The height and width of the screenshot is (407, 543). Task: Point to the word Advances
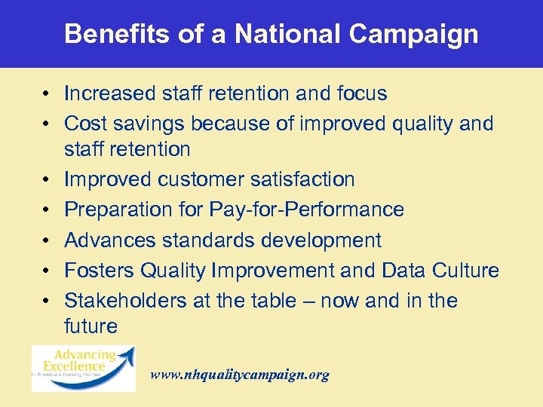click(x=109, y=240)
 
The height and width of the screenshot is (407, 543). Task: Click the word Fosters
click(x=98, y=271)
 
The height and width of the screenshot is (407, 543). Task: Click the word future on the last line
click(x=90, y=326)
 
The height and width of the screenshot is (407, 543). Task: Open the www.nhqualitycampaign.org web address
click(x=240, y=375)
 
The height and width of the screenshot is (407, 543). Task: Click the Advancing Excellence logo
click(x=84, y=368)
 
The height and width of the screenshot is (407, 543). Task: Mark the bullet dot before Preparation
click(x=47, y=210)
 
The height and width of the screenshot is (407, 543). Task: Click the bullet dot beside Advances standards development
click(x=47, y=241)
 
